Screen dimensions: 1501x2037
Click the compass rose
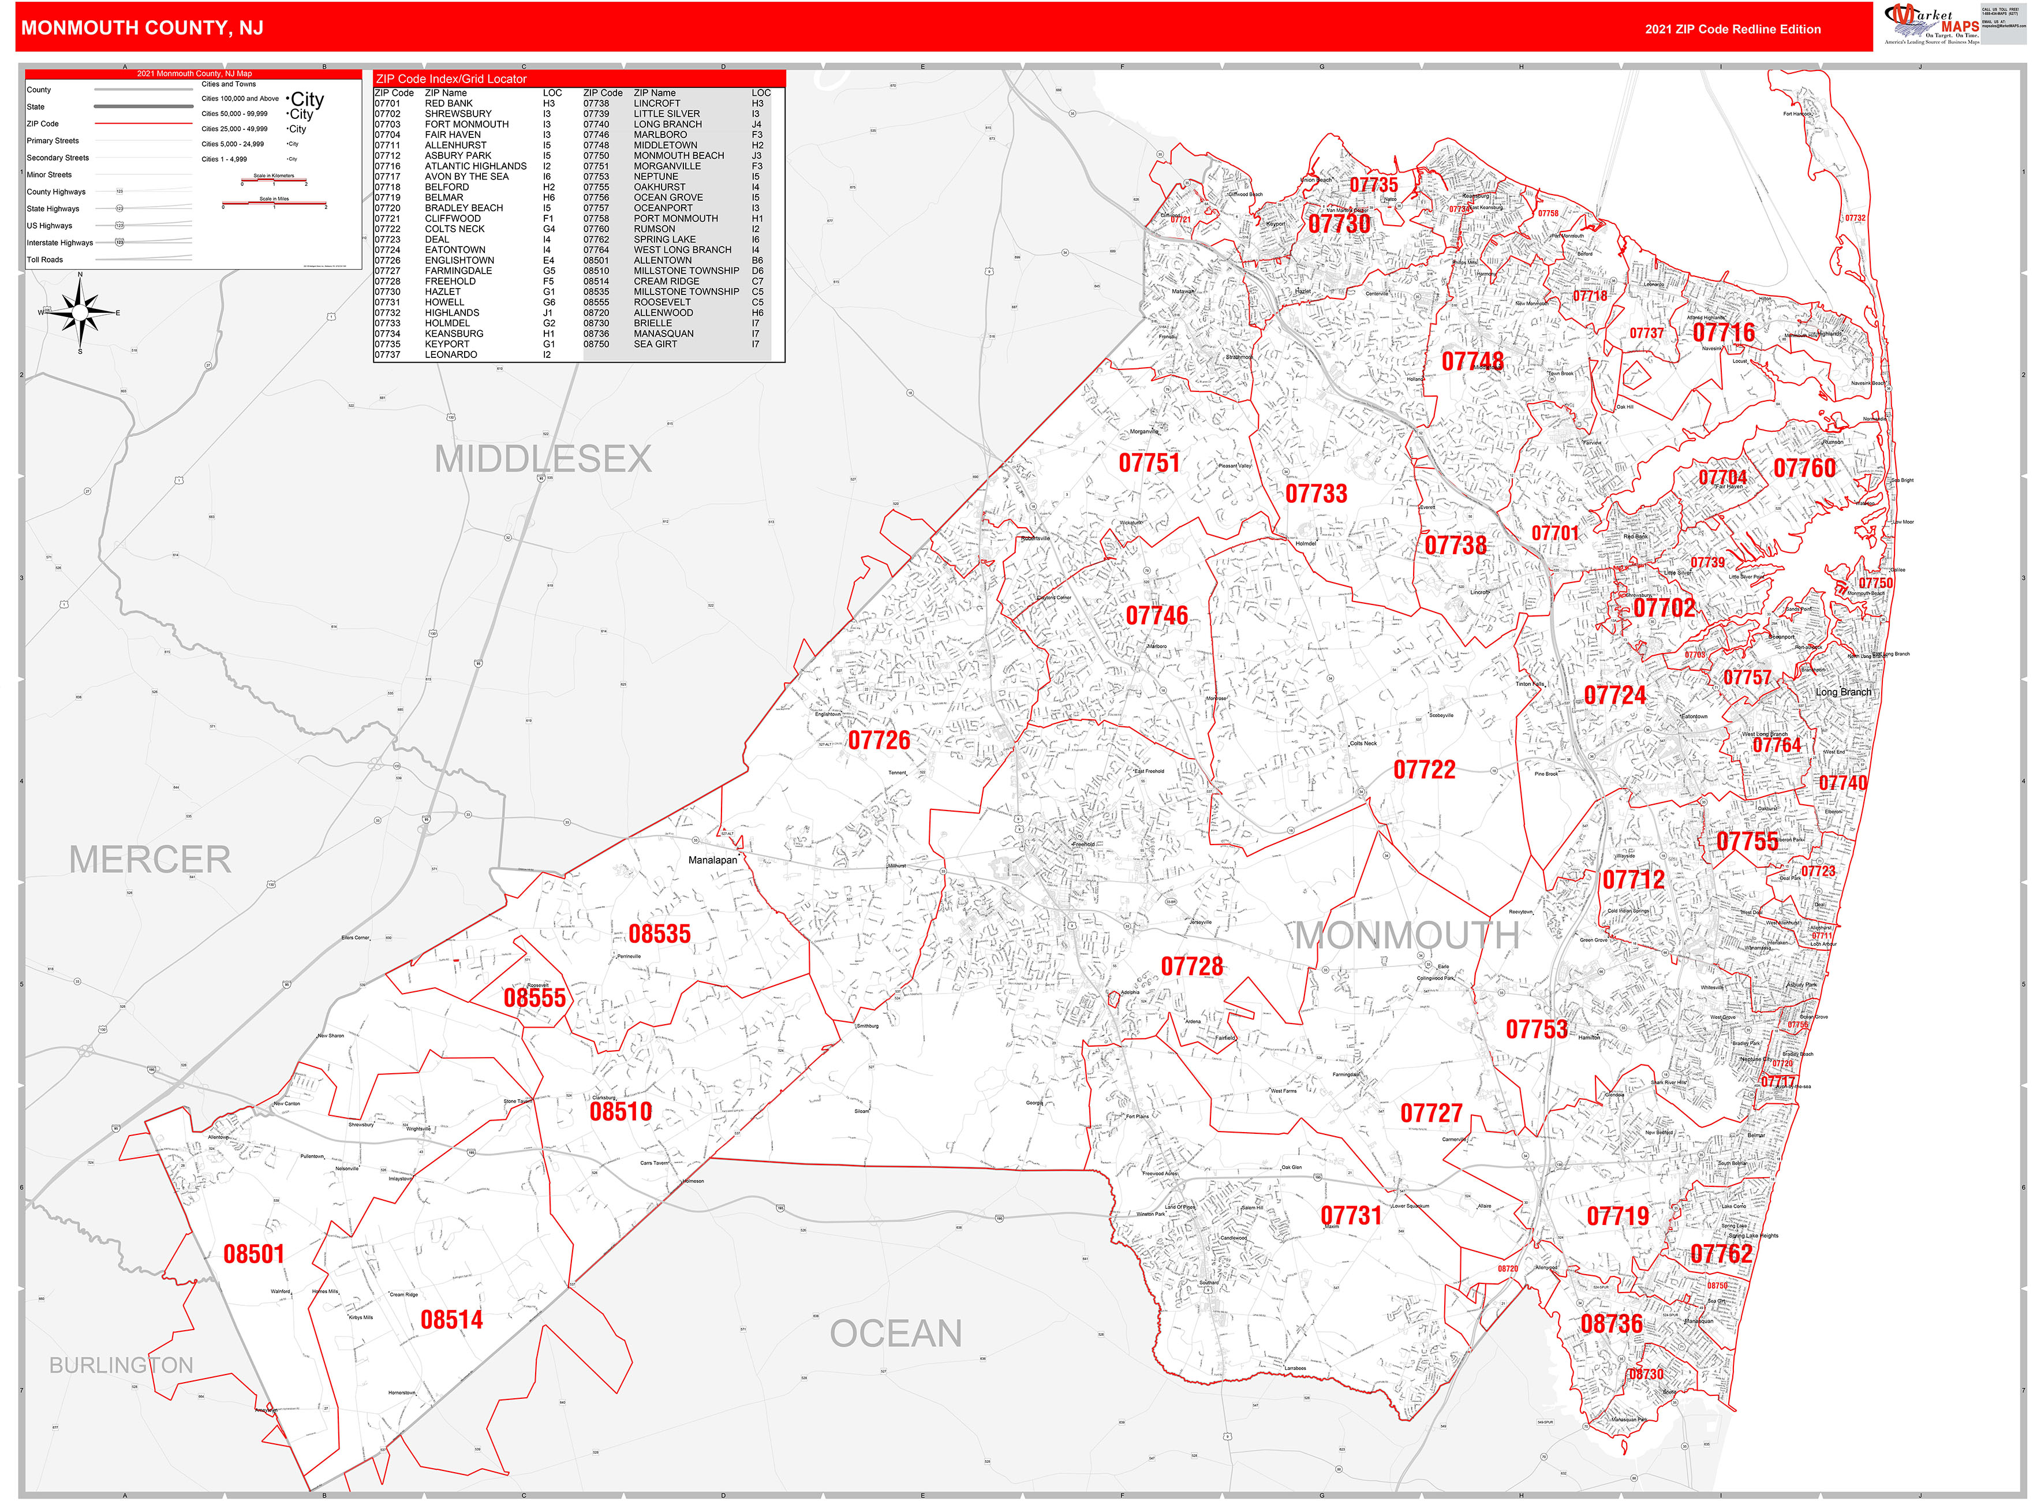coord(80,312)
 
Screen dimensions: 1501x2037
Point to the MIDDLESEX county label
coord(543,459)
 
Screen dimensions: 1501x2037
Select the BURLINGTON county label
coord(121,1365)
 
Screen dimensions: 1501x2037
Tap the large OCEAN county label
coord(895,1334)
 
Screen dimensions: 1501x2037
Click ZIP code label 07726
coord(879,741)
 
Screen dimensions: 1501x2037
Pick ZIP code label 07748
coord(1472,361)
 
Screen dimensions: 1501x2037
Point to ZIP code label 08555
coord(535,998)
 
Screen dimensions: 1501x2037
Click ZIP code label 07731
coord(1350,1216)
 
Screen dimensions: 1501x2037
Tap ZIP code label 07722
coord(1424,770)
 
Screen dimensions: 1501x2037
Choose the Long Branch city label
coord(1842,692)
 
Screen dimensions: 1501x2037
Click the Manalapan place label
coord(712,860)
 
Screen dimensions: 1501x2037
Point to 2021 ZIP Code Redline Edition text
coord(1732,29)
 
